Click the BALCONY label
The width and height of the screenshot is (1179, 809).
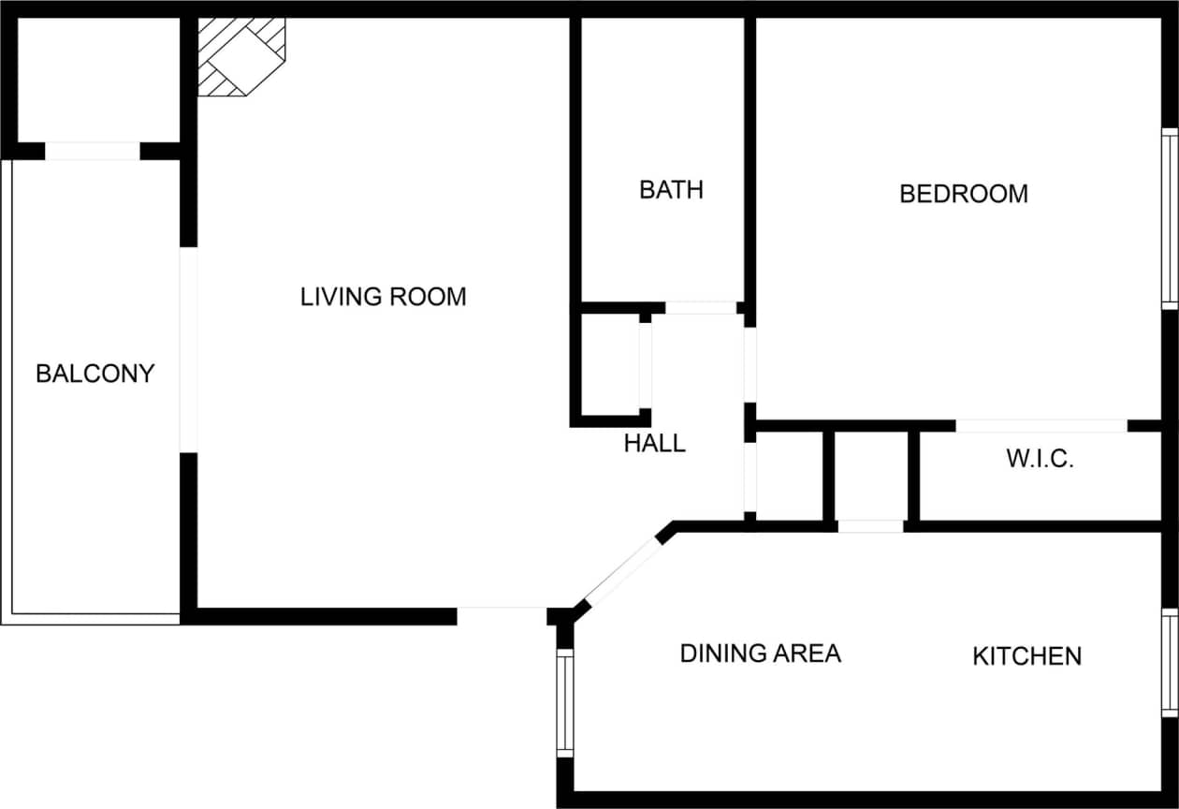click(95, 374)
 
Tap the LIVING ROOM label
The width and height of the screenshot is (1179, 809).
click(383, 297)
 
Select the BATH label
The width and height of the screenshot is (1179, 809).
click(671, 189)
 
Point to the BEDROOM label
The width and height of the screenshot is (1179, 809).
click(963, 194)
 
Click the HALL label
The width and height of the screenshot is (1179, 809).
click(654, 443)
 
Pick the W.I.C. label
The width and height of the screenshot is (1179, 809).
click(1039, 459)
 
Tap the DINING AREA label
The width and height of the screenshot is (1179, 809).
click(760, 653)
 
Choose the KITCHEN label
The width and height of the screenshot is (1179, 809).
click(1026, 656)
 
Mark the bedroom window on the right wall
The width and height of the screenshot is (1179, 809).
click(1169, 218)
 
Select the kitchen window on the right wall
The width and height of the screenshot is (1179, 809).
click(1169, 662)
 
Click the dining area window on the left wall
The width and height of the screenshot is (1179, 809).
click(564, 702)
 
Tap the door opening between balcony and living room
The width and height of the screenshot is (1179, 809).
click(189, 349)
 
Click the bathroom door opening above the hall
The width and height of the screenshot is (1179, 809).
click(700, 308)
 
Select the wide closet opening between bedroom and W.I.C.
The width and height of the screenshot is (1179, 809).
click(1041, 426)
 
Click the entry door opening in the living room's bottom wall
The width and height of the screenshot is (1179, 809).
click(502, 615)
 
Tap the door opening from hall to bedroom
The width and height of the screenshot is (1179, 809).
click(750, 364)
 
